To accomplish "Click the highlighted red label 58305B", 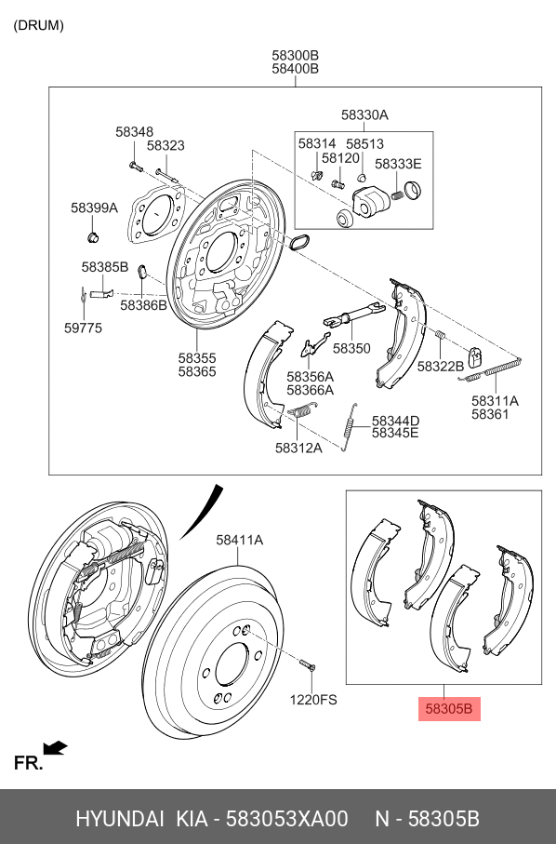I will click(x=449, y=710).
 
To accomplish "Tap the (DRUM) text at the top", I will click(x=38, y=25).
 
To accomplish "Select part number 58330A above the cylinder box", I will click(x=364, y=115).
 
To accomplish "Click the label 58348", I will click(x=135, y=132).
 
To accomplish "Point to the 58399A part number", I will click(x=95, y=208).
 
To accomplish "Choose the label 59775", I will click(x=83, y=328).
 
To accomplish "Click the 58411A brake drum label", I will click(x=239, y=540).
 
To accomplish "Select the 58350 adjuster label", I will click(x=351, y=348).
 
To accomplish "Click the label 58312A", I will click(x=298, y=448).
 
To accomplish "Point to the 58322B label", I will click(x=440, y=367).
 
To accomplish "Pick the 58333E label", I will click(x=398, y=164).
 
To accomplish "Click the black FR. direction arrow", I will click(x=56, y=747).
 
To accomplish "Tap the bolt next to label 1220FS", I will click(x=309, y=665).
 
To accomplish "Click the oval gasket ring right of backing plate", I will click(x=298, y=244).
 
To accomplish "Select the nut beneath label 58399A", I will click(x=92, y=238).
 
